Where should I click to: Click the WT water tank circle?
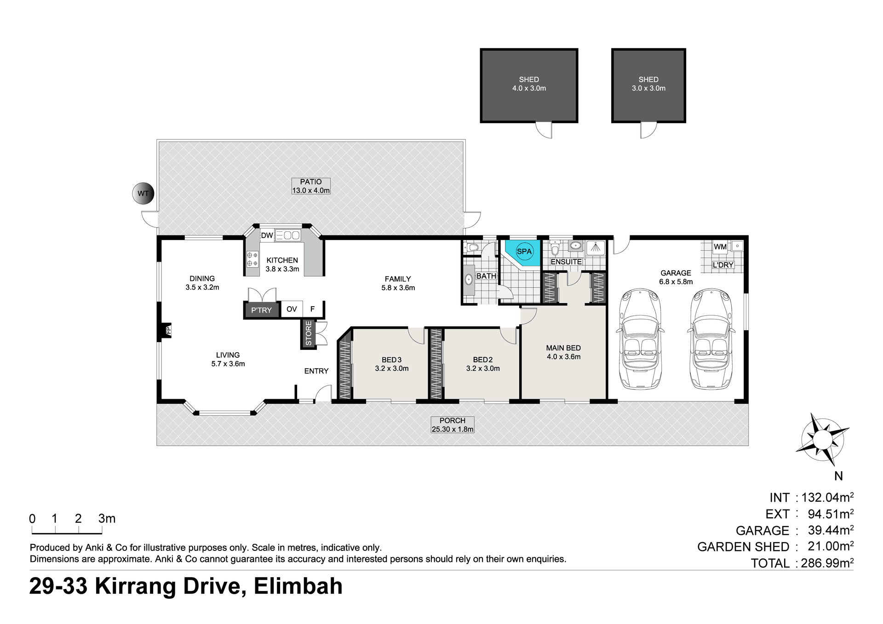143,194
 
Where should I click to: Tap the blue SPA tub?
523,253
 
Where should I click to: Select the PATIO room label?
311,182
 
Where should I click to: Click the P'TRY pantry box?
261,310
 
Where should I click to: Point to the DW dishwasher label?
267,235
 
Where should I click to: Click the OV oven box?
292,309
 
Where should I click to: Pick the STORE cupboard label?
308,333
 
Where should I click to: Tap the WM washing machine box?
720,247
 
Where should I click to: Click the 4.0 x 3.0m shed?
529,86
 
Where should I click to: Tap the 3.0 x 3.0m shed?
648,86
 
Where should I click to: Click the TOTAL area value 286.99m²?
827,563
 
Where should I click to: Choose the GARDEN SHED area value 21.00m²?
831,546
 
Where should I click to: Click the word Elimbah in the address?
298,586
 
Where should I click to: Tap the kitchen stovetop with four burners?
252,259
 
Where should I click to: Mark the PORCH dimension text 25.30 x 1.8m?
453,429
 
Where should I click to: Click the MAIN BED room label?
563,348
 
